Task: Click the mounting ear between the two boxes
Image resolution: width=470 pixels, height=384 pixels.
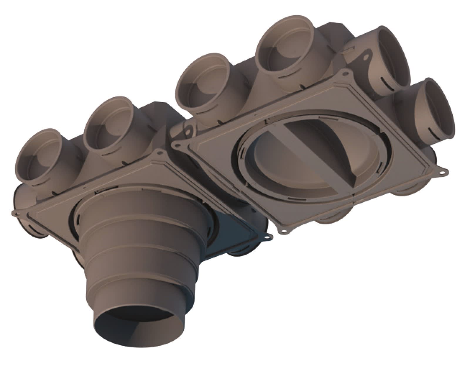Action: tap(188, 129)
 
